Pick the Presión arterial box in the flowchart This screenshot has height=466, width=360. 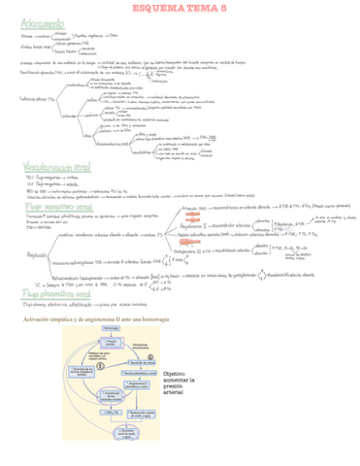pos(112,342)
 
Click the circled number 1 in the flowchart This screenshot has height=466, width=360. pos(100,364)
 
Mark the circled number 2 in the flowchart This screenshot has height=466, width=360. pos(149,355)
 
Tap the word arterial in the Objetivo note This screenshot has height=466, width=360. pos(173,393)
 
